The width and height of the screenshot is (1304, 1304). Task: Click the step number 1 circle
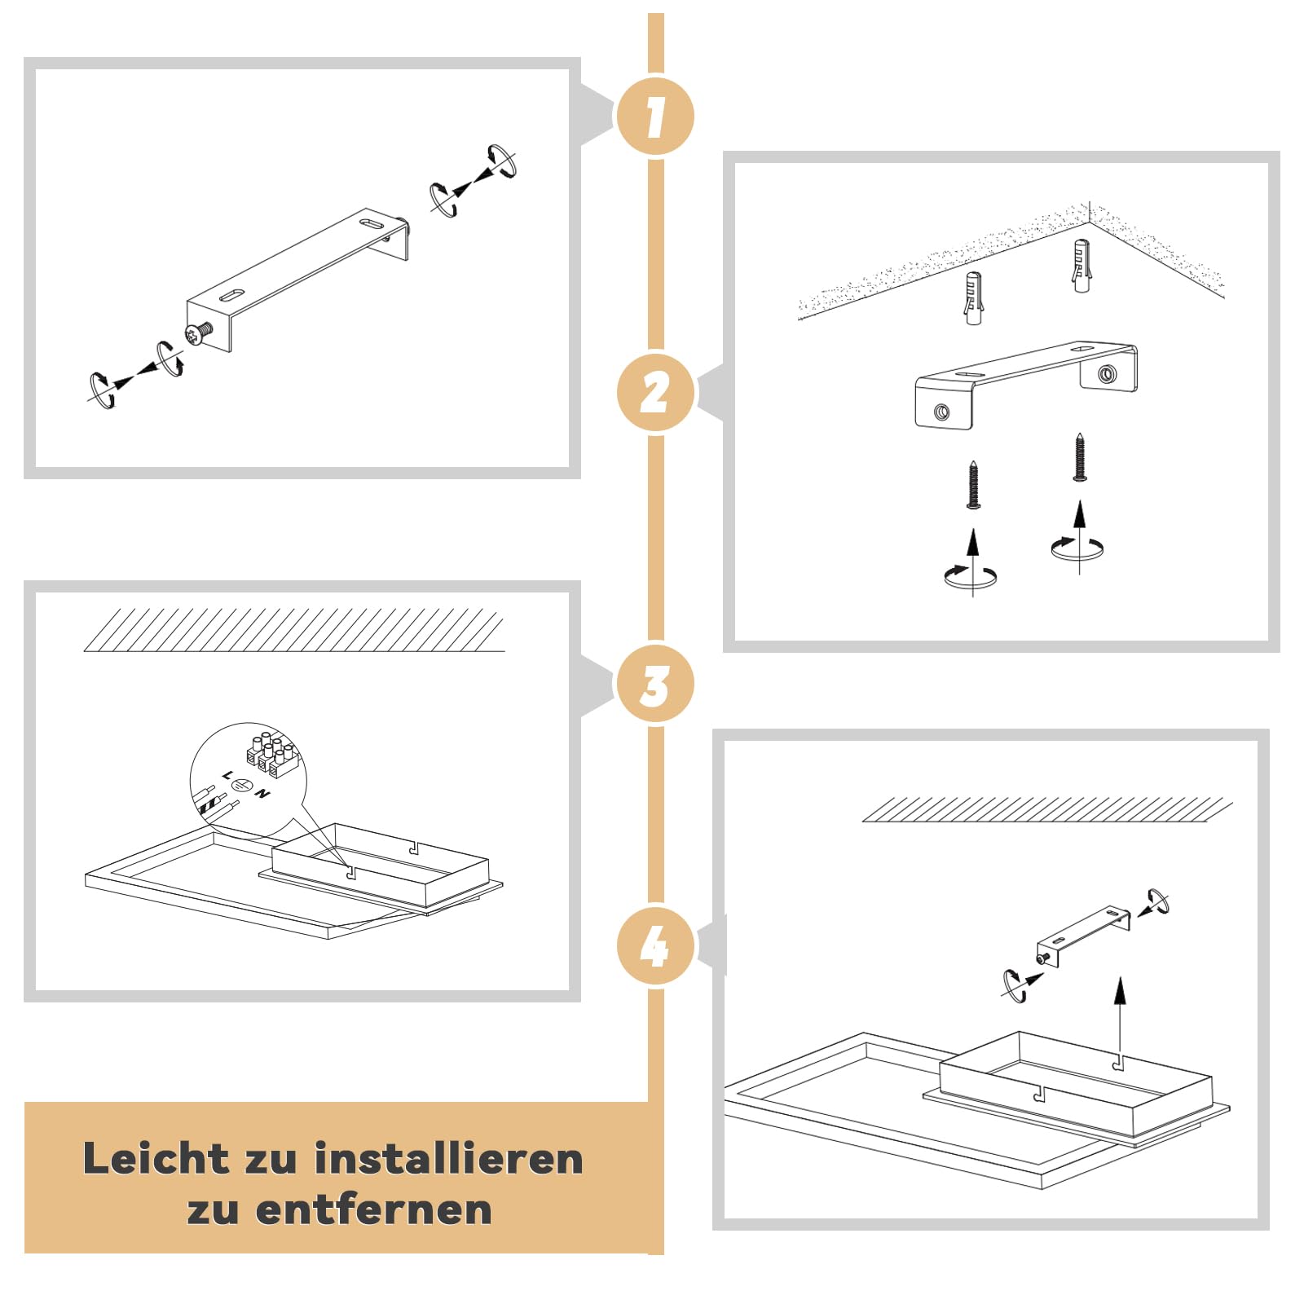[x=655, y=116]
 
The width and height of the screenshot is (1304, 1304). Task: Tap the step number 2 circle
[x=655, y=392]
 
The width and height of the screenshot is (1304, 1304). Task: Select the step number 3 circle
[x=655, y=683]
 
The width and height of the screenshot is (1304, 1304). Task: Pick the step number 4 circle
[x=655, y=945]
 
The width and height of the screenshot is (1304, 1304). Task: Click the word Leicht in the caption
[x=156, y=1158]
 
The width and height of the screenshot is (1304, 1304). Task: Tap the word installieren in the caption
[x=449, y=1158]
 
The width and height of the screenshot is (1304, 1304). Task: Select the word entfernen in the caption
[x=374, y=1209]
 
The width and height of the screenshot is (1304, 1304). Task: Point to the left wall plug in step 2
[x=973, y=298]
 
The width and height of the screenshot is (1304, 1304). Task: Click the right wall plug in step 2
[x=1081, y=266]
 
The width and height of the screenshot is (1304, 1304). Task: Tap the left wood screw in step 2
[x=972, y=485]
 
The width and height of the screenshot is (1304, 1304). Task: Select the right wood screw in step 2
[x=1080, y=457]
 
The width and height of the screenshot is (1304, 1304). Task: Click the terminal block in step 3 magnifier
[x=271, y=755]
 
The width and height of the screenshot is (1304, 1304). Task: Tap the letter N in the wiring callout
[x=262, y=793]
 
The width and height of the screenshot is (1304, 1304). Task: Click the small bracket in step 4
[x=1083, y=936]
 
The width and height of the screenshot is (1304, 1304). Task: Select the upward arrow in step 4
[x=1121, y=1019]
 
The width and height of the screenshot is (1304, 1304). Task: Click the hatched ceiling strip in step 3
[x=294, y=630]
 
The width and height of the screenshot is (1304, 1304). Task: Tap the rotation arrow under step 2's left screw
[x=971, y=576]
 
